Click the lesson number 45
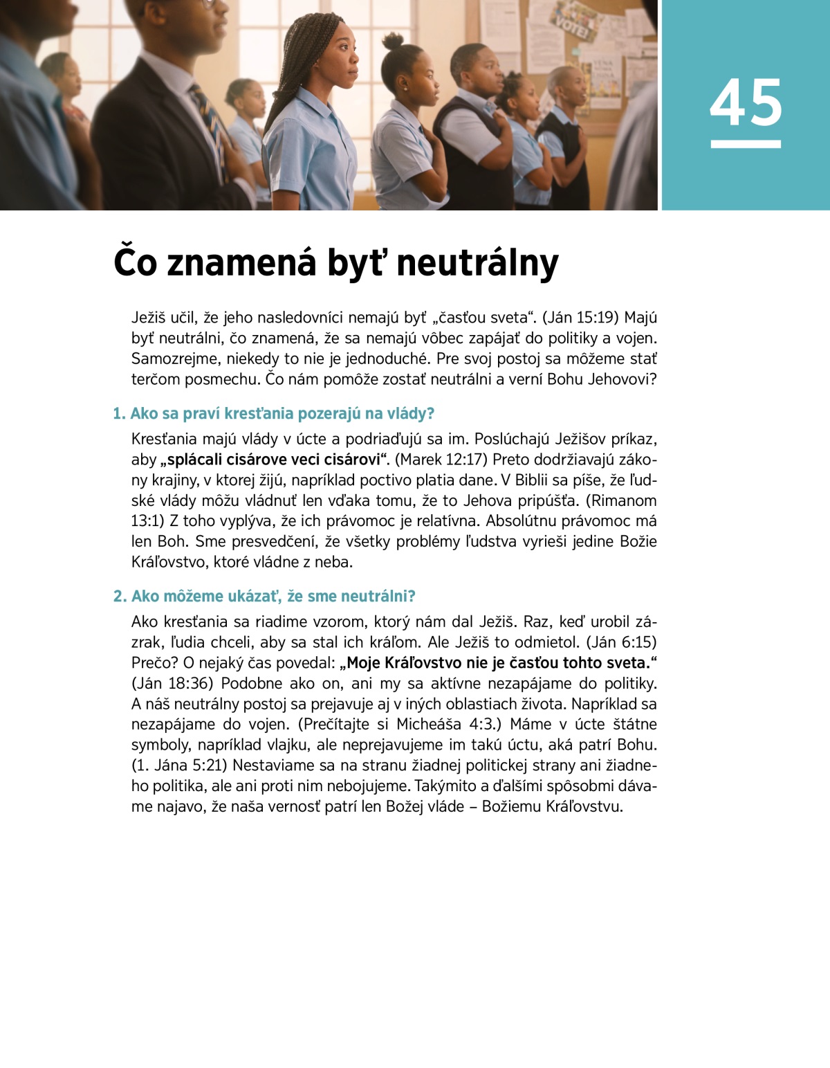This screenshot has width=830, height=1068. point(746,103)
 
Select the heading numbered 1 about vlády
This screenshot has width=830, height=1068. point(274,413)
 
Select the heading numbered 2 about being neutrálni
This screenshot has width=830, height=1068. point(264,596)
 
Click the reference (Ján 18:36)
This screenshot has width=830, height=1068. point(173,683)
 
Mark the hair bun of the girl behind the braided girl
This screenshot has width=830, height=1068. point(393,41)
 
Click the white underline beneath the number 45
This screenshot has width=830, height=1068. point(746,144)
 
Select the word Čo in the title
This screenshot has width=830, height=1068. point(136,264)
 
